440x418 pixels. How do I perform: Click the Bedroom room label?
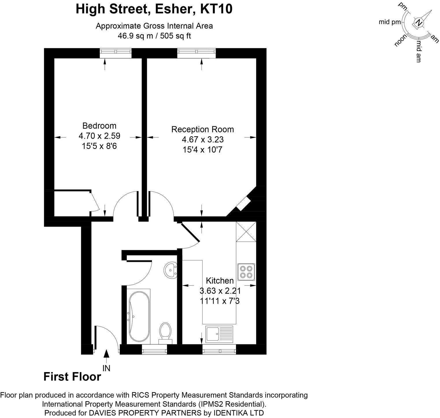[99, 126]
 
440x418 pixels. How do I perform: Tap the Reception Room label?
[202, 129]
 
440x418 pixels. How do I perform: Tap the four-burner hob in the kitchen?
[246, 272]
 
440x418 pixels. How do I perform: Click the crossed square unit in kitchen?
[246, 231]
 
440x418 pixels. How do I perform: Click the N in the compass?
[419, 23]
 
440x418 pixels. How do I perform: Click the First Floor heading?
[72, 377]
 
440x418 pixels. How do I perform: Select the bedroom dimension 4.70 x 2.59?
[99, 136]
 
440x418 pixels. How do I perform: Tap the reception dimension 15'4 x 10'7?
[202, 150]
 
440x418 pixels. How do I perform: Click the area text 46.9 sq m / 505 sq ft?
[154, 36]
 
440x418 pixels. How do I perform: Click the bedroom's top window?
[116, 52]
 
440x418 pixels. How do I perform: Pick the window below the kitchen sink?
[219, 351]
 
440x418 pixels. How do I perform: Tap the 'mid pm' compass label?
[390, 22]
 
